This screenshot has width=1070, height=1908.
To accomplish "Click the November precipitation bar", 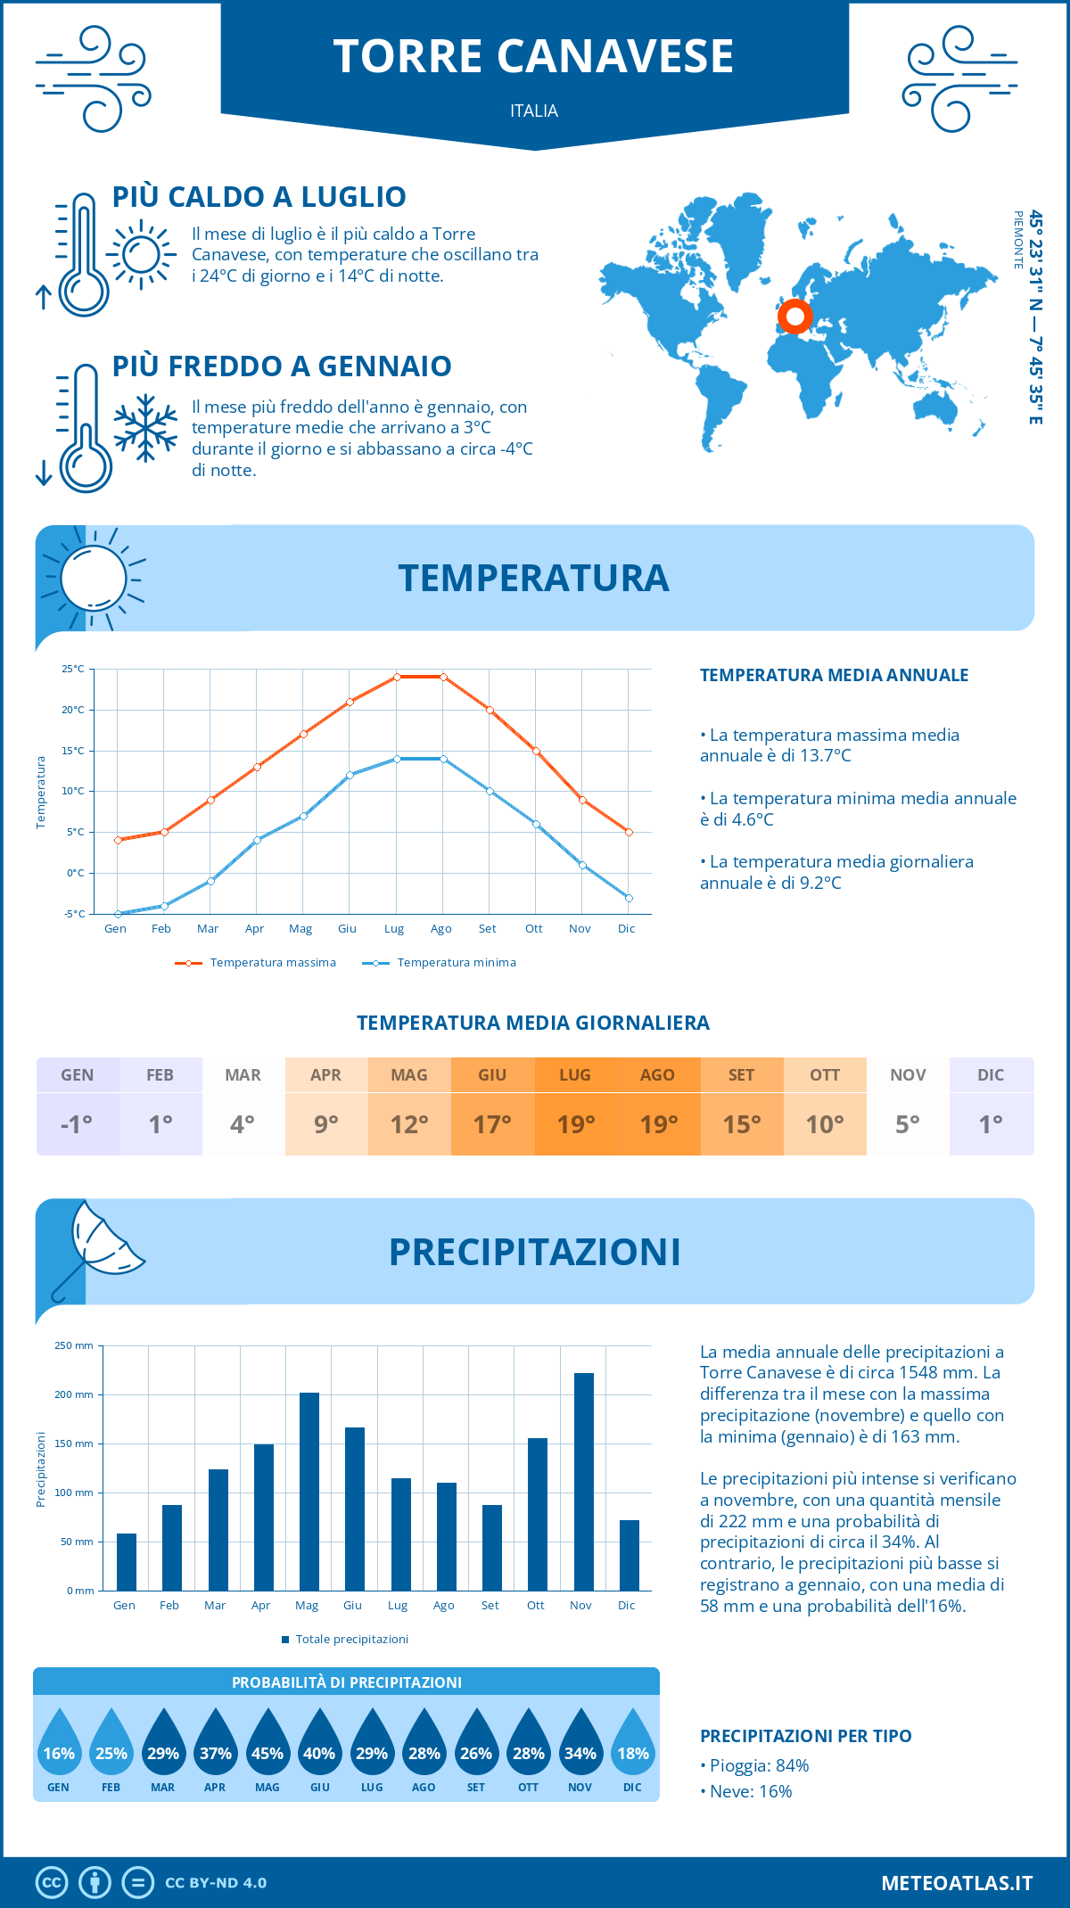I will [x=584, y=1481].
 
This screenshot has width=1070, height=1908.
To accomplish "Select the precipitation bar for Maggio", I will [x=309, y=1491].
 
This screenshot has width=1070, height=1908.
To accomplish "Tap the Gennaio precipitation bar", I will [x=127, y=1561].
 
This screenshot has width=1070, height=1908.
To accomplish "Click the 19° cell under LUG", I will [x=575, y=1124].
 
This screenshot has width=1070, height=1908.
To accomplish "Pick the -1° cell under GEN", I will [x=77, y=1124].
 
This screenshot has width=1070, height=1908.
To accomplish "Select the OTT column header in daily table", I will [x=825, y=1075].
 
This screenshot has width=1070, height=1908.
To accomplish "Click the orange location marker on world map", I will [x=794, y=316].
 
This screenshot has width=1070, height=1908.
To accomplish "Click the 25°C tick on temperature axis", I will [x=73, y=669].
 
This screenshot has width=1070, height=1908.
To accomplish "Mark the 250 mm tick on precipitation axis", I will [x=74, y=1345].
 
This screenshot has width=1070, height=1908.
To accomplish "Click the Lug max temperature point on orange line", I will [x=397, y=677].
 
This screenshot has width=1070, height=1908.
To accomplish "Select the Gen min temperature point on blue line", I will [x=118, y=914].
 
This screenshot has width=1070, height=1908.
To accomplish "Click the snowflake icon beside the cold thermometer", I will [x=145, y=428].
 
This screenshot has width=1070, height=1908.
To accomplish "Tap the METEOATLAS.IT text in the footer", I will [x=957, y=1883].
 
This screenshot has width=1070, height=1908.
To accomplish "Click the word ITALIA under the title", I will [x=534, y=111].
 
